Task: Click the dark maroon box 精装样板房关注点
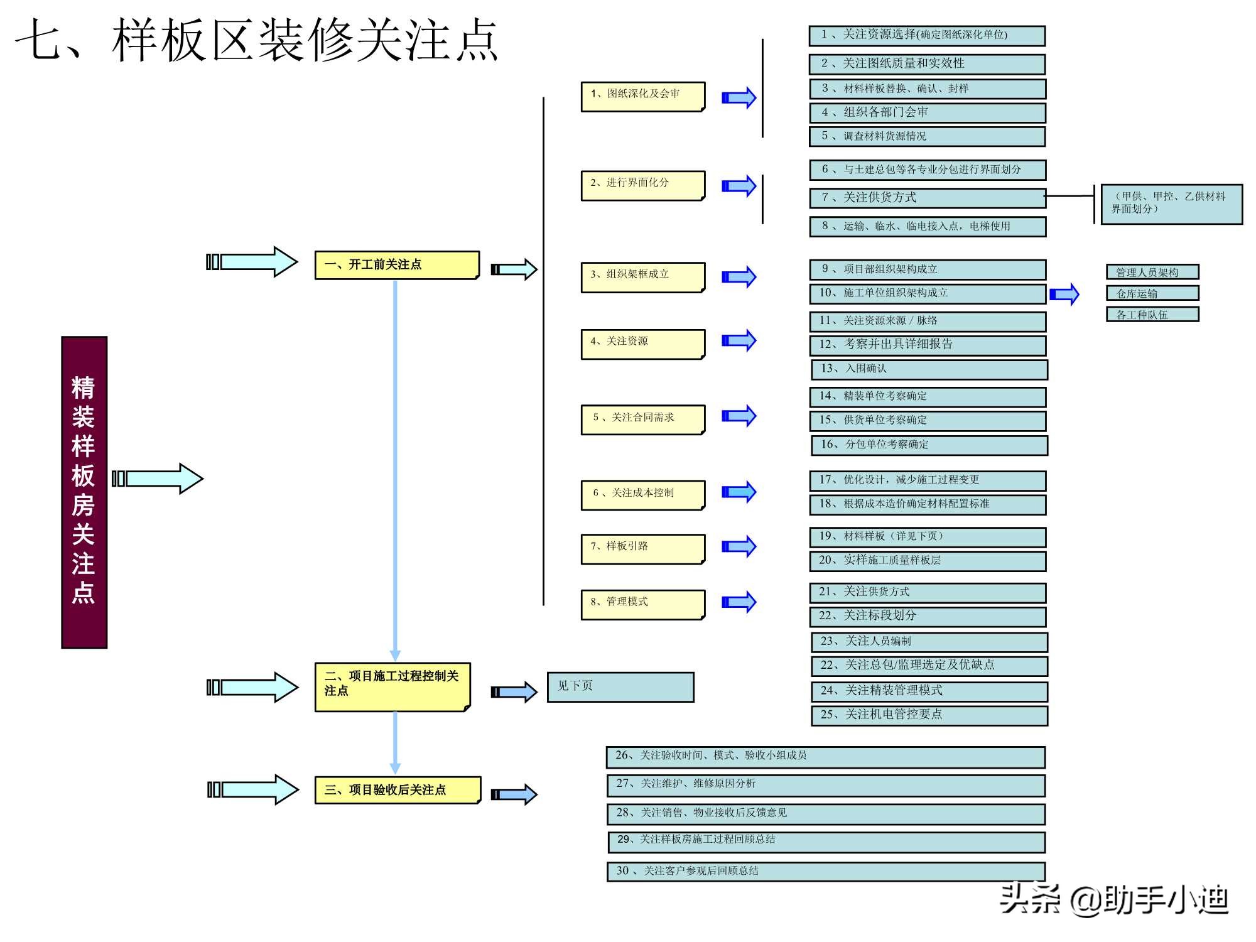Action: coord(84,492)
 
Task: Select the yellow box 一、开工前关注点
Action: coord(397,265)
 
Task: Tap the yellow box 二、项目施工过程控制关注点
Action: coord(392,686)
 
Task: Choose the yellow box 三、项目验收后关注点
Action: coord(398,790)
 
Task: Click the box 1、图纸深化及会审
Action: coord(642,97)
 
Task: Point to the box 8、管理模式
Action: coord(642,604)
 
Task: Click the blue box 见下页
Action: coord(620,687)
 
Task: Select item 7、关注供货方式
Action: coord(928,198)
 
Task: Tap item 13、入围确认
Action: coord(929,369)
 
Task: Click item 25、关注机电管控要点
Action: coord(929,715)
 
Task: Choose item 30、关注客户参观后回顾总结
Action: coord(826,872)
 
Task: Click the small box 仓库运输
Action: coord(1152,293)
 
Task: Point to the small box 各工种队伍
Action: coord(1152,315)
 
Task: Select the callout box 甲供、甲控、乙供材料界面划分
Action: coord(1171,203)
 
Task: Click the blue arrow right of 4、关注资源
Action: coord(739,340)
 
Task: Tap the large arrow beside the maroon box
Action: coord(158,479)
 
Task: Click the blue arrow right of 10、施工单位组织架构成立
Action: coord(1064,294)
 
